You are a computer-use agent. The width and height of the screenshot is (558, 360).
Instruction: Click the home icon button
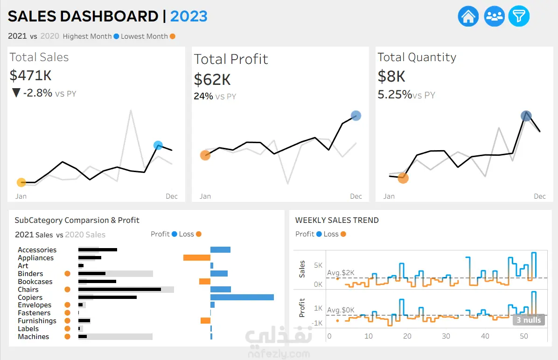pyautogui.click(x=468, y=16)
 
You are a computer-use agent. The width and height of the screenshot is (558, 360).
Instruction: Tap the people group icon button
pyautogui.click(x=494, y=16)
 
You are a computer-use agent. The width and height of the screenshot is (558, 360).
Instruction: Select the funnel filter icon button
pyautogui.click(x=519, y=16)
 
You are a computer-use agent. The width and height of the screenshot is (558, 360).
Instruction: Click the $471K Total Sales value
pyautogui.click(x=31, y=76)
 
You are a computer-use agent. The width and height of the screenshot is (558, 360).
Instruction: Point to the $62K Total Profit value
pyautogui.click(x=212, y=79)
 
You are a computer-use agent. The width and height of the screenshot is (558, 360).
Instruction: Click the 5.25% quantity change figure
pyautogui.click(x=395, y=95)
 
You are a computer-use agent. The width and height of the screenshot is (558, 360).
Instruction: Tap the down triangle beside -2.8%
pyautogui.click(x=16, y=93)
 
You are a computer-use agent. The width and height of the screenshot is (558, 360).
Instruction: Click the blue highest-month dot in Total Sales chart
pyautogui.click(x=158, y=145)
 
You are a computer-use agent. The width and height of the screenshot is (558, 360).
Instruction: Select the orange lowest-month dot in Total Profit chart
pyautogui.click(x=205, y=155)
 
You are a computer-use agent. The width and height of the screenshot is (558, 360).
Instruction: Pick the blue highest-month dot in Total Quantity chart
pyautogui.click(x=526, y=116)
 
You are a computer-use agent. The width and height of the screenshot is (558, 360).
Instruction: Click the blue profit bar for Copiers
pyautogui.click(x=242, y=298)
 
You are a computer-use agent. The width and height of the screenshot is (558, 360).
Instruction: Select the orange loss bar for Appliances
pyautogui.click(x=197, y=257)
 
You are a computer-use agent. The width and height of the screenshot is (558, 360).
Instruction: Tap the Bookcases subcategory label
pyautogui.click(x=35, y=281)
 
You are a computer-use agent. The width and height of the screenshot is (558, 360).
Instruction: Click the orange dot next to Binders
pyautogui.click(x=67, y=274)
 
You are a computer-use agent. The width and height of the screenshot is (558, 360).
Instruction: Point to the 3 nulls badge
pyautogui.click(x=529, y=320)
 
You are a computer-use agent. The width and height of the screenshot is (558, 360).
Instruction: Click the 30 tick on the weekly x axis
pyautogui.click(x=446, y=336)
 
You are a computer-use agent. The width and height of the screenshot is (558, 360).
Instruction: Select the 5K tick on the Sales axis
pyautogui.click(x=318, y=265)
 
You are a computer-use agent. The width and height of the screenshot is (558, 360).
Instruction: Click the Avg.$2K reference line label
pyautogui.click(x=341, y=273)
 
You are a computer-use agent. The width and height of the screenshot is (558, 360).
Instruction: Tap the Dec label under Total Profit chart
pyautogui.click(x=356, y=196)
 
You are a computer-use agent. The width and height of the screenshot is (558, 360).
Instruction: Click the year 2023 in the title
pyautogui.click(x=188, y=16)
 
